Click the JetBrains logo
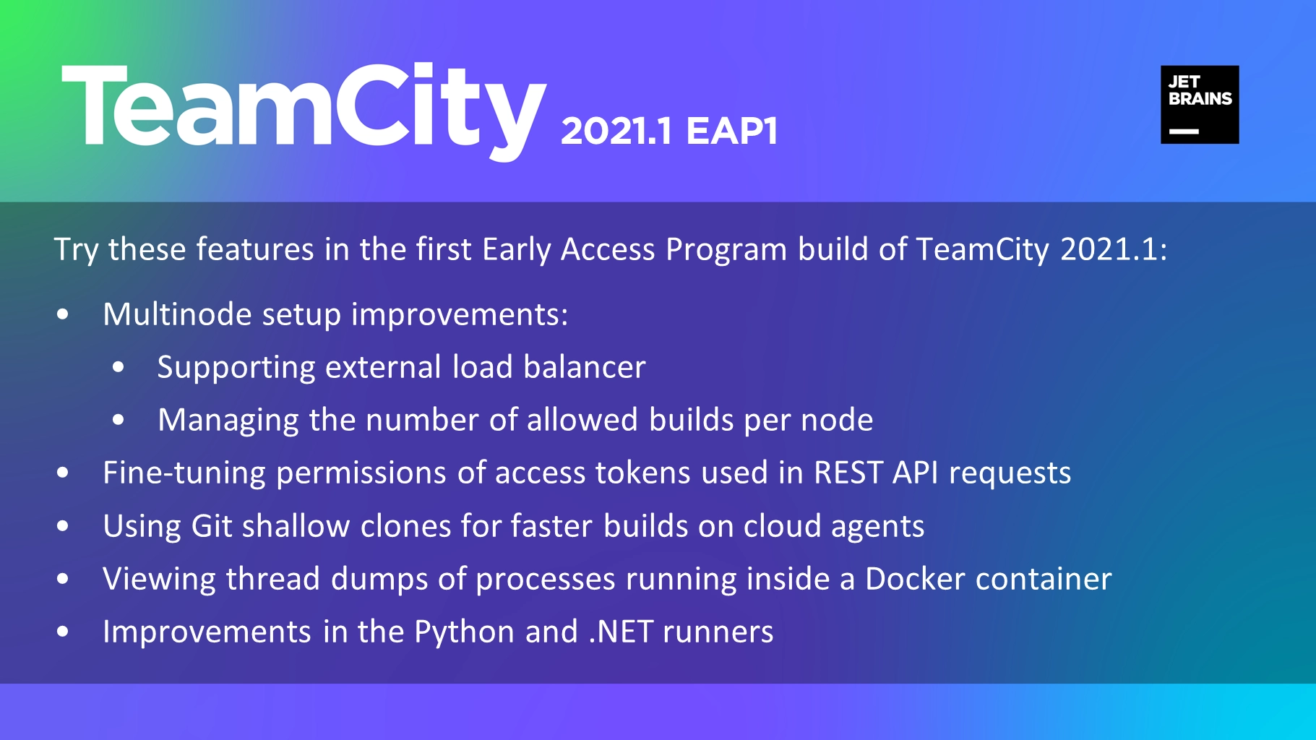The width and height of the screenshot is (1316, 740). click(1200, 105)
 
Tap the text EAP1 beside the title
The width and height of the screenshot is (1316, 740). click(732, 131)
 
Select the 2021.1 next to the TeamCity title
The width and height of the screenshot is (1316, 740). click(616, 131)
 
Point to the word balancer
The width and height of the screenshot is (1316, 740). click(584, 367)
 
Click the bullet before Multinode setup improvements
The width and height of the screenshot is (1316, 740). click(63, 314)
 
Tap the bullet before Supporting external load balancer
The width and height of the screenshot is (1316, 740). click(119, 367)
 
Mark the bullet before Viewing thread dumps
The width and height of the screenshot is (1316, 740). click(63, 579)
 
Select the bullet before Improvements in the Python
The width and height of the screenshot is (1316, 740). click(63, 632)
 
